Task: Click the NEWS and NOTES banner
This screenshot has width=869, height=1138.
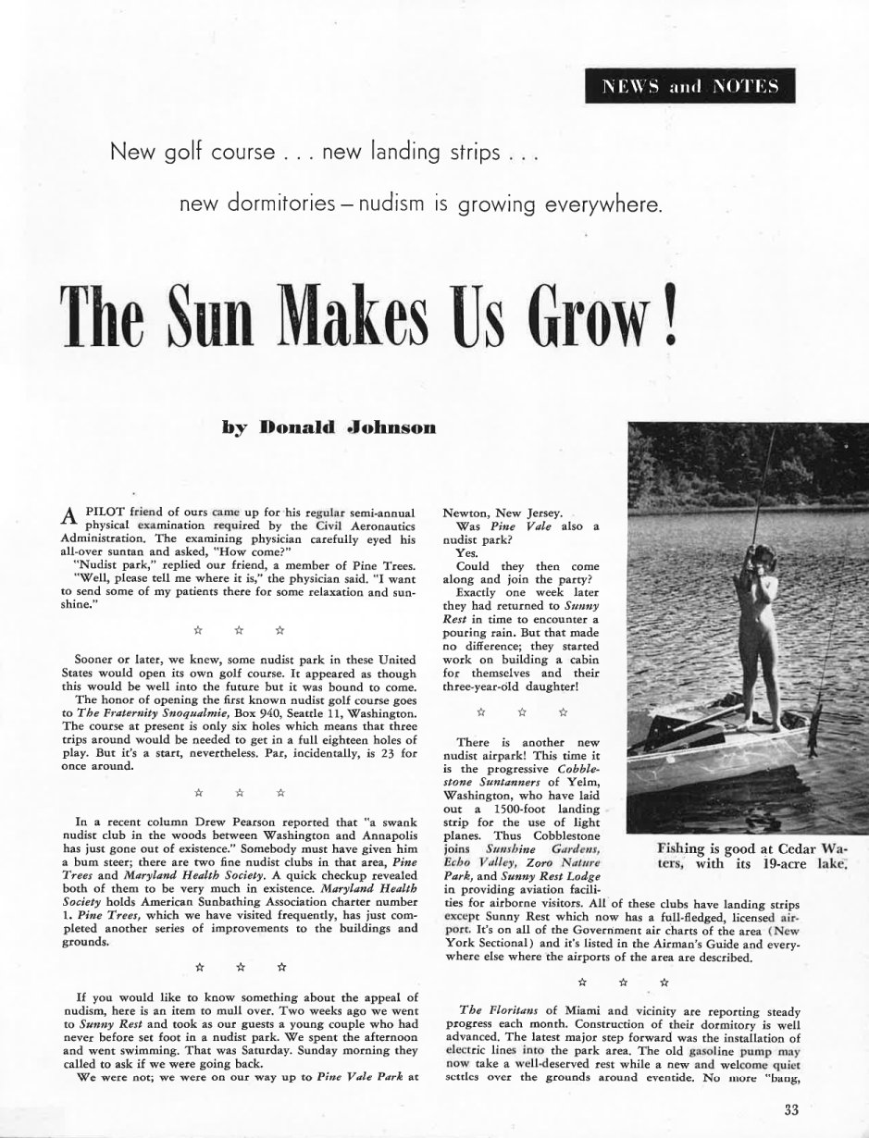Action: click(690, 87)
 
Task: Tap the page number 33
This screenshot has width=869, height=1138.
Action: click(790, 1110)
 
